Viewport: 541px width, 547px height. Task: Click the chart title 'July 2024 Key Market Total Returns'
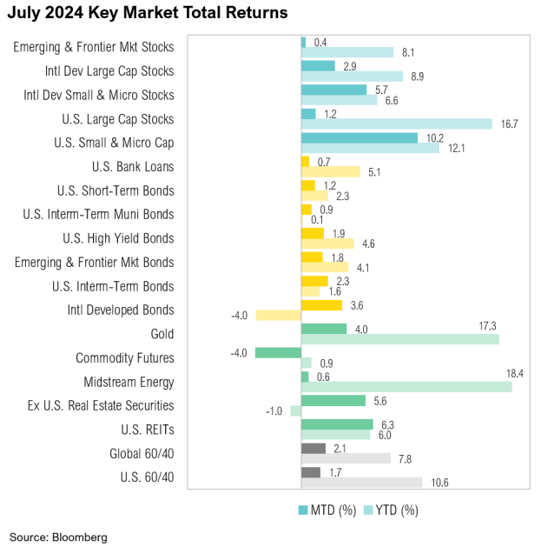click(x=148, y=14)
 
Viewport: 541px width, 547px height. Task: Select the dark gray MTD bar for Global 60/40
click(x=313, y=448)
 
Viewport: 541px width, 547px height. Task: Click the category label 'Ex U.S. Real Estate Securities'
click(x=101, y=406)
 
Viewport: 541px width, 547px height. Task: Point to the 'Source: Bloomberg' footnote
click(x=59, y=537)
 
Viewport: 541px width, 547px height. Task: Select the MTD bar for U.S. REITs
click(x=337, y=424)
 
